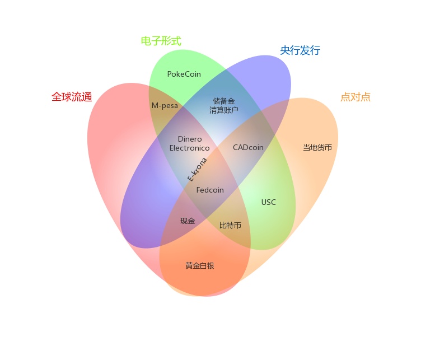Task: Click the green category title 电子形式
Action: tap(161, 41)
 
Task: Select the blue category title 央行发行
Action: tap(300, 50)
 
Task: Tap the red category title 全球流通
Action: tap(72, 97)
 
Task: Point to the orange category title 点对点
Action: tap(356, 97)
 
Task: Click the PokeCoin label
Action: tap(184, 74)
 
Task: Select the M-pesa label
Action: tap(165, 106)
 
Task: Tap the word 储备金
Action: tap(224, 101)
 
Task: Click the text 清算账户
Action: tap(224, 110)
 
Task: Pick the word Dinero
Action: tap(190, 139)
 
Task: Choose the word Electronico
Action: tap(189, 148)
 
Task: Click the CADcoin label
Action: tap(248, 147)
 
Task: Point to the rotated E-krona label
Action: tap(197, 170)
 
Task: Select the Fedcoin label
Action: tap(210, 190)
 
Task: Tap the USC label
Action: tap(269, 202)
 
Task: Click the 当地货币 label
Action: tap(317, 148)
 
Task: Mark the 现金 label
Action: tap(188, 221)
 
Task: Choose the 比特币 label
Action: tap(230, 225)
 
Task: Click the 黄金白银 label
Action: tap(200, 266)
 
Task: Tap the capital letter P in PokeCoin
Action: tap(170, 74)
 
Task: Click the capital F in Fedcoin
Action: tap(198, 190)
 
